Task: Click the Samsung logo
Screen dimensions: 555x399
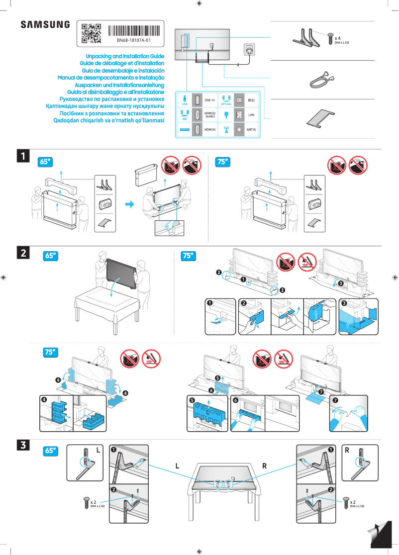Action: pyautogui.click(x=45, y=24)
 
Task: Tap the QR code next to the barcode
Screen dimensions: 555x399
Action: pyautogui.click(x=91, y=33)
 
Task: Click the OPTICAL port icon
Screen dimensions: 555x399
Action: pyautogui.click(x=226, y=99)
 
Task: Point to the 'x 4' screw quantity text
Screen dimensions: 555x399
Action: pyautogui.click(x=338, y=38)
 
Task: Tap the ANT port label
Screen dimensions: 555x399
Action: pyautogui.click(x=252, y=130)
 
